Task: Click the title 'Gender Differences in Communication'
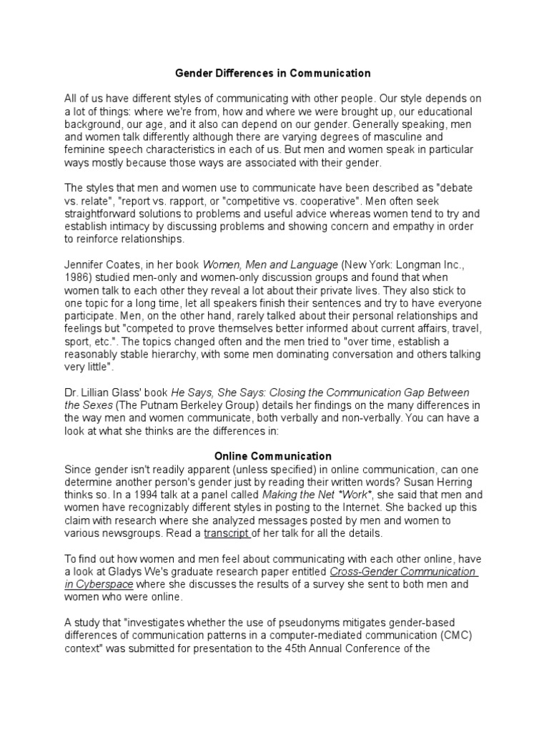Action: [274, 73]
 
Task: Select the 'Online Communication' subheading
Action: [274, 456]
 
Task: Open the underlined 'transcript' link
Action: [227, 533]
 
